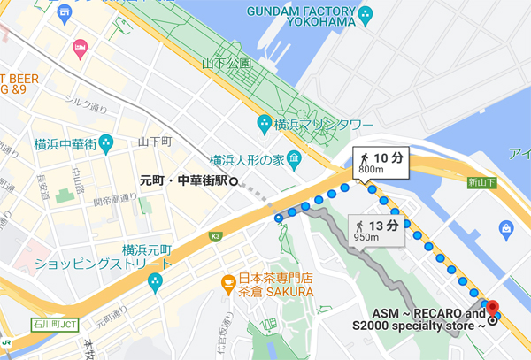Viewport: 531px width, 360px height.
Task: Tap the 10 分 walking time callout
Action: (381, 162)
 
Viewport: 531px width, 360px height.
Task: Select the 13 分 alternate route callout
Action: (378, 231)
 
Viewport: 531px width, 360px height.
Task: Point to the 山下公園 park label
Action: (227, 64)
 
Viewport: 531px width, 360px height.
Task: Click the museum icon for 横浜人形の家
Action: (295, 159)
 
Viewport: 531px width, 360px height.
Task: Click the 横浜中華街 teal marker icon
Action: (106, 141)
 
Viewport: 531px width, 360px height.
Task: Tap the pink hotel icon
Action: (80, 45)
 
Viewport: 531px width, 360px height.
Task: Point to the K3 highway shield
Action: (216, 236)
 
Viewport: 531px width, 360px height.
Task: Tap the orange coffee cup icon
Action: (228, 283)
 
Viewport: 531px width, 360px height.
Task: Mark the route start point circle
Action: (278, 217)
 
